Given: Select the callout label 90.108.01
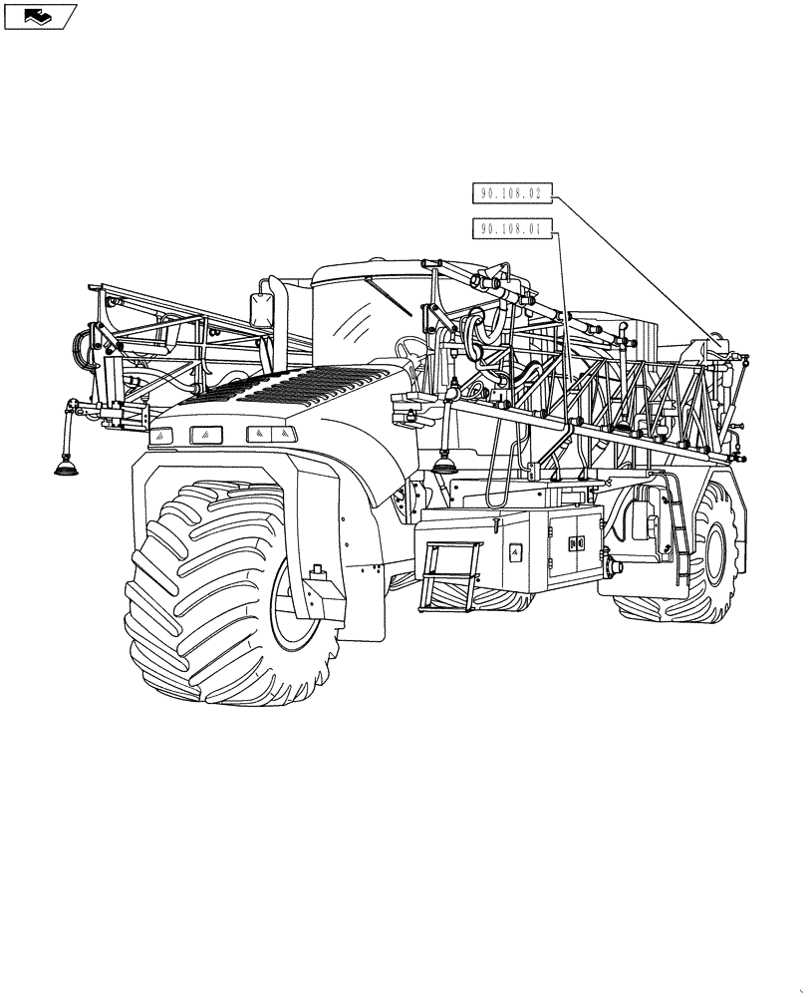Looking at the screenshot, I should tap(510, 229).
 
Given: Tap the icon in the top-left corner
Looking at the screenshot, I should tap(39, 16).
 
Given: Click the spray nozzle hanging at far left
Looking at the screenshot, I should tap(66, 464).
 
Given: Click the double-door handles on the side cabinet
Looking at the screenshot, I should tap(574, 543).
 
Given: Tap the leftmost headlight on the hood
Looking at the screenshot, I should tap(160, 435).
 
